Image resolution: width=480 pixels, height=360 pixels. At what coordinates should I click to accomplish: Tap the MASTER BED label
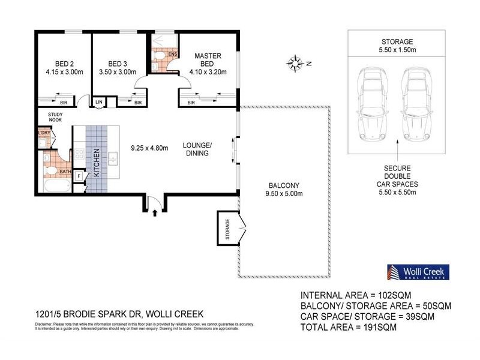(x=208, y=60)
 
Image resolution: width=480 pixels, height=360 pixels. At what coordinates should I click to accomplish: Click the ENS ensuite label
(x=172, y=55)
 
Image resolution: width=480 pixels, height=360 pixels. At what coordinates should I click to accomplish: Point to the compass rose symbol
(x=295, y=62)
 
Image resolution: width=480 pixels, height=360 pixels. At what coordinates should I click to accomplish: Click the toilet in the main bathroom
(x=52, y=172)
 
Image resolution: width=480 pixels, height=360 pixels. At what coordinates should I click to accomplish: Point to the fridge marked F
(x=79, y=176)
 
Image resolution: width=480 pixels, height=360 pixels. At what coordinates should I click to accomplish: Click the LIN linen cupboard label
(x=99, y=102)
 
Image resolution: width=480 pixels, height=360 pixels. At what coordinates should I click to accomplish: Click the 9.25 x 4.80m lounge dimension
(x=149, y=148)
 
